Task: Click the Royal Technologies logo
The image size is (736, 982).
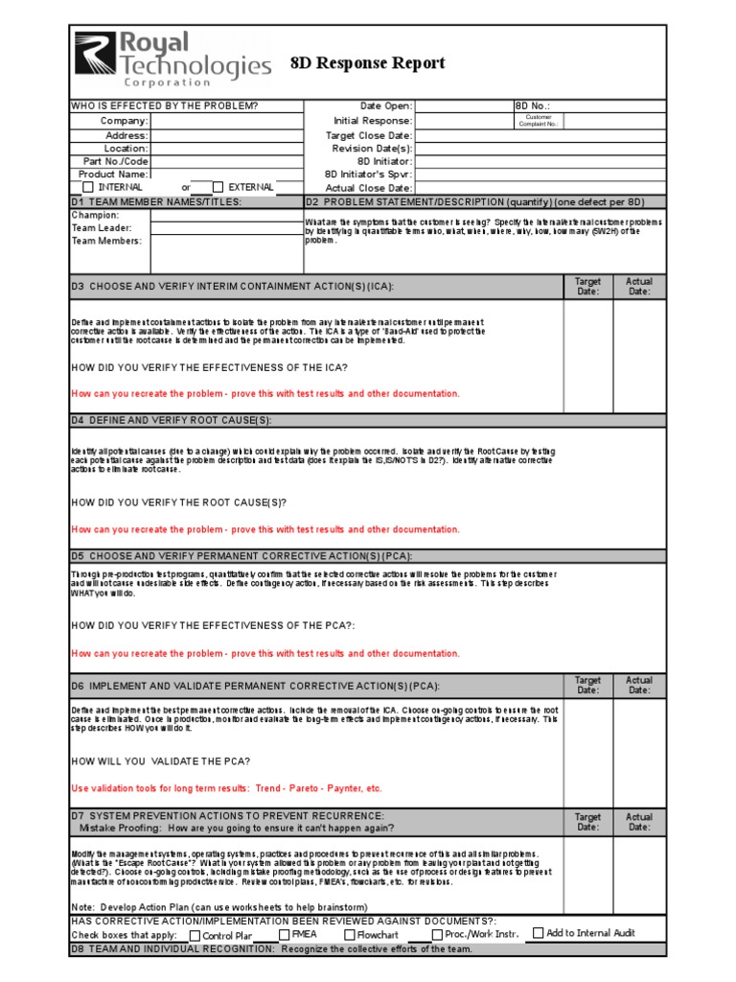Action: click(x=172, y=58)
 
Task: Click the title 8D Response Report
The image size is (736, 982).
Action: click(x=367, y=63)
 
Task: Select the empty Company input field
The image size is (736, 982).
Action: click(x=226, y=121)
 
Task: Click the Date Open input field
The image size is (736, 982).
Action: click(x=464, y=106)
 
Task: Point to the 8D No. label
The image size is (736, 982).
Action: click(x=533, y=106)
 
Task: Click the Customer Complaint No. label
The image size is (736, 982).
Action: click(x=538, y=121)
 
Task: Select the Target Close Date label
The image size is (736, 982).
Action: click(x=369, y=135)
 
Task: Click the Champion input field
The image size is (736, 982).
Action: click(x=226, y=216)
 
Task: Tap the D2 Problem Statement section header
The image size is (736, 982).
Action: click(x=475, y=202)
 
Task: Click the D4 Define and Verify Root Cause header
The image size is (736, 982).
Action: click(x=171, y=420)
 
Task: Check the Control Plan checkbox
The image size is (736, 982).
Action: click(x=195, y=936)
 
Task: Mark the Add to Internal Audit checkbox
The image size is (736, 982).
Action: click(x=538, y=932)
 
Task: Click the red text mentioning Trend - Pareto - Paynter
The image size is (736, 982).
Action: click(x=226, y=788)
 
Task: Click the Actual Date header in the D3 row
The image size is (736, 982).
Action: click(x=638, y=286)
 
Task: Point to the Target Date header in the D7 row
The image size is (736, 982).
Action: click(x=587, y=822)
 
